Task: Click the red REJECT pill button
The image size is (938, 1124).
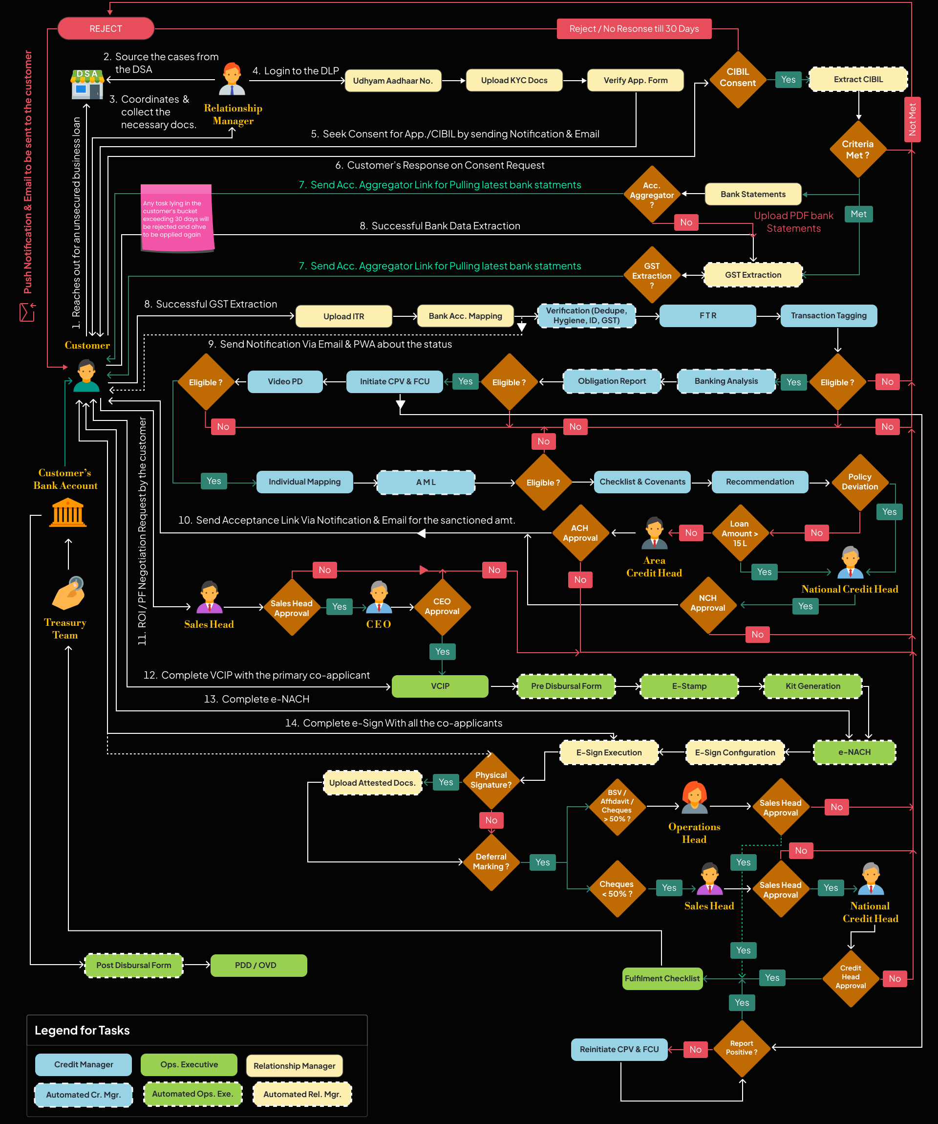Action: [x=106, y=28]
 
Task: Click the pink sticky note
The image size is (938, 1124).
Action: [x=176, y=218]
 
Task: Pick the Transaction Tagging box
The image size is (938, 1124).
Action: [x=829, y=316]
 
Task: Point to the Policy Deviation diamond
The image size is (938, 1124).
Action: [x=859, y=482]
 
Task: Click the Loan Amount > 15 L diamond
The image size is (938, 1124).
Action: [x=740, y=533]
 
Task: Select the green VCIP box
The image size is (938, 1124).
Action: [x=440, y=686]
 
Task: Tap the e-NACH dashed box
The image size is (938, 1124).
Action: [x=854, y=752]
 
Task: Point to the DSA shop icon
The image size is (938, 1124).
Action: [x=87, y=85]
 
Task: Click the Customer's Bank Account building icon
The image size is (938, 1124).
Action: [x=68, y=512]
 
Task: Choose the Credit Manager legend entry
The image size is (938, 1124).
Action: [x=84, y=1064]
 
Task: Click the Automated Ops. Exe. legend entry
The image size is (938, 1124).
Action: [x=192, y=1094]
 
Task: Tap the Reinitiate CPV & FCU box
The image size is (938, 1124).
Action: [x=619, y=1050]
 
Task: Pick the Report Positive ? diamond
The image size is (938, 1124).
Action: [x=741, y=1048]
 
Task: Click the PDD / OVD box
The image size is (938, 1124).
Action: [x=258, y=966]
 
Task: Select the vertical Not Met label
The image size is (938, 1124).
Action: [x=912, y=119]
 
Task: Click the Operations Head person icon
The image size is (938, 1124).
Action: [x=694, y=798]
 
